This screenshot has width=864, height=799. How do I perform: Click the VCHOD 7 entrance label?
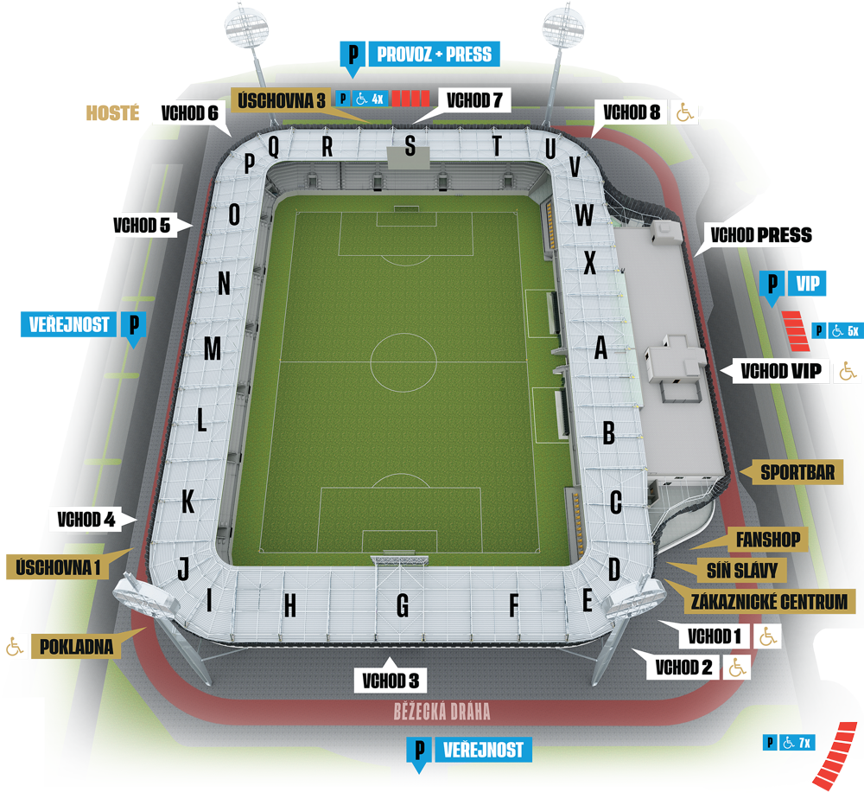point(474,99)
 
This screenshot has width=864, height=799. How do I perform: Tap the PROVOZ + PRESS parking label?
point(433,54)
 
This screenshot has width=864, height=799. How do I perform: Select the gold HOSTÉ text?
point(112,112)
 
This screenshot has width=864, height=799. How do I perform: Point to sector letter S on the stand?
point(410,146)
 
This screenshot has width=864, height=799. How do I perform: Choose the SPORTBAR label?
point(797,472)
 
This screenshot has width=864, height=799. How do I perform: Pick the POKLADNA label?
point(76,646)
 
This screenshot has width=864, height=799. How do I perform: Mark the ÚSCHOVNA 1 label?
point(59,566)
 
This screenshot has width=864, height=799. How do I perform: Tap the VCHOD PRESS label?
point(760,235)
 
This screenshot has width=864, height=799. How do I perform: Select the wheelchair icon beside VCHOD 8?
point(684,112)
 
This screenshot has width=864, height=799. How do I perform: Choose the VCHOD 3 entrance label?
point(391,680)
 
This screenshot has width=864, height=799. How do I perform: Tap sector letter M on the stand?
point(212,349)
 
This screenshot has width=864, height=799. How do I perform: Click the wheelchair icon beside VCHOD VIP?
point(847,372)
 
